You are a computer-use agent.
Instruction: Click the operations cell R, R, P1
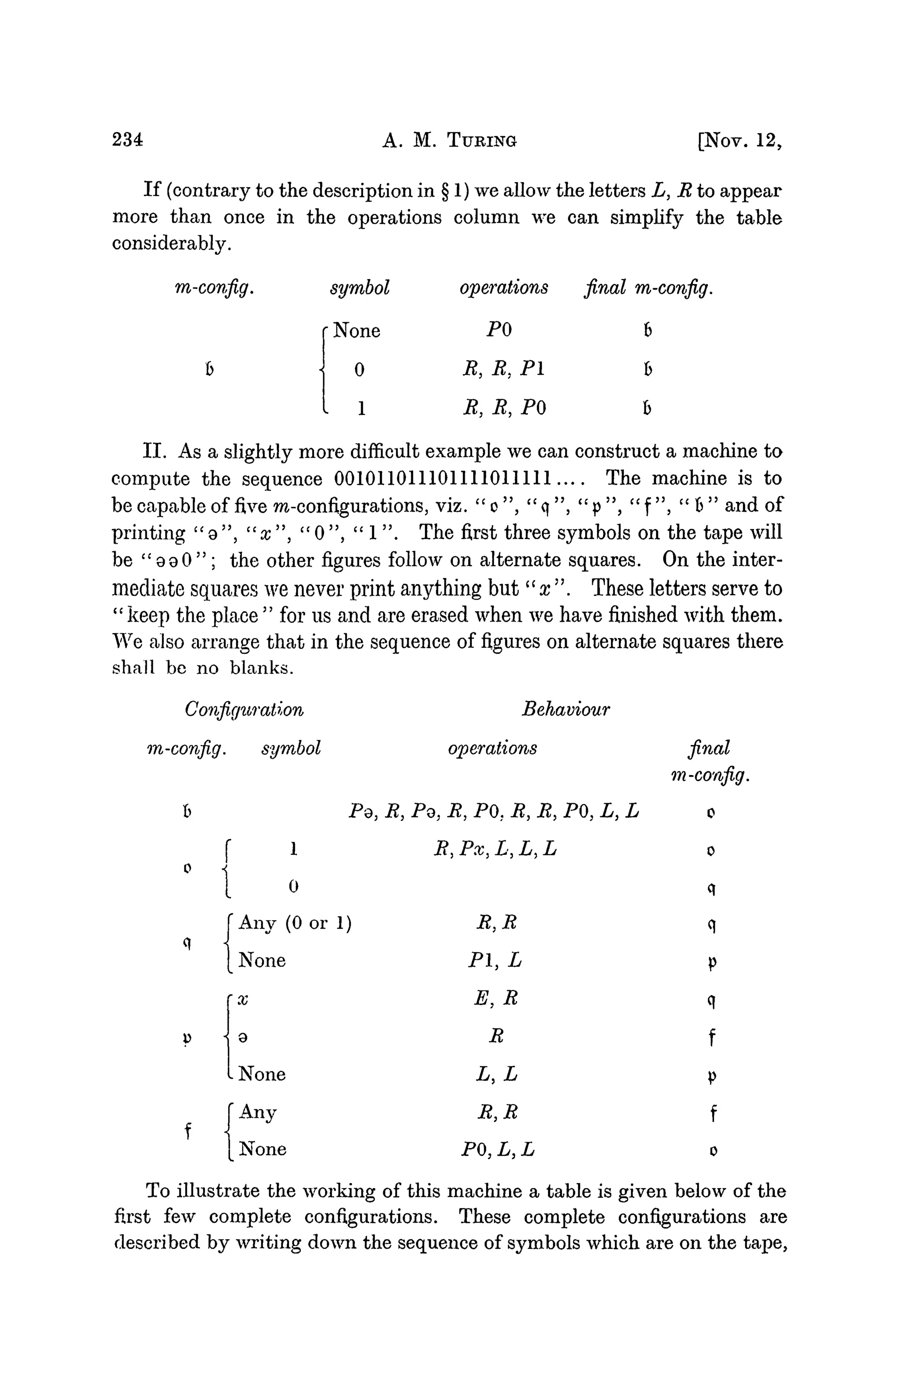tap(503, 369)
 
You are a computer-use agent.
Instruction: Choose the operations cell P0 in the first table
tap(499, 331)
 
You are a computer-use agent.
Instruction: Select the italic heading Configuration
tap(244, 710)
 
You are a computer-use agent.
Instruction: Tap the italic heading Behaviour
tap(565, 709)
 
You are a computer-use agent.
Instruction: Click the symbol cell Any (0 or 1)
tap(295, 924)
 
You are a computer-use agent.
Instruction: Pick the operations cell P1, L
tap(494, 960)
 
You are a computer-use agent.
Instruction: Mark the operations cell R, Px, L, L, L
tap(495, 849)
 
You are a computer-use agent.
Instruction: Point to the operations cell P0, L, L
tap(498, 1149)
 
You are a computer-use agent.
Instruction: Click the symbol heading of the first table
tap(360, 288)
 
